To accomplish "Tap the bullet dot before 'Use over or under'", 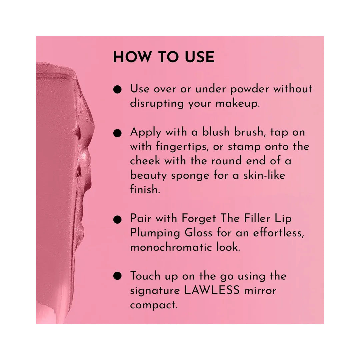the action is point(117,89).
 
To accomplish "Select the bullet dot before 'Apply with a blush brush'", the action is point(117,133).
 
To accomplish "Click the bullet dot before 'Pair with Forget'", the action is point(117,219).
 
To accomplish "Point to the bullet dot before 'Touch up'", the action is point(117,276).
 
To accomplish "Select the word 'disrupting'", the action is point(157,104).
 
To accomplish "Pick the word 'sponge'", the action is point(190,176).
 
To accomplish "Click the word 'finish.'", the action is point(145,189).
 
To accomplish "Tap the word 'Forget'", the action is point(199,219).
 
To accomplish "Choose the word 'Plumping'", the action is point(155,233).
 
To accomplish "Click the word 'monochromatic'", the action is point(171,247).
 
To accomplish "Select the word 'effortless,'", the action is point(278,233).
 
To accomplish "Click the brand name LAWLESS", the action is point(212,290).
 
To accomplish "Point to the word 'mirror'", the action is point(260,291).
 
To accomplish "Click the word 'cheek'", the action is point(145,161).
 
